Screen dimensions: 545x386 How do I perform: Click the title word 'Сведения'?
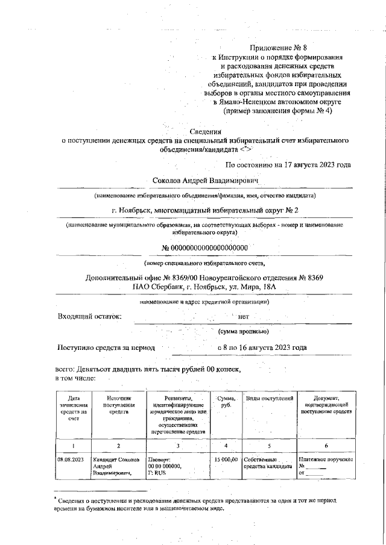click(x=206, y=132)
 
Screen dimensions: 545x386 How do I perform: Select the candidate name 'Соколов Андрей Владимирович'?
click(x=206, y=180)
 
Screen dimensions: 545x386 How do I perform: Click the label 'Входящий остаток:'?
click(x=89, y=316)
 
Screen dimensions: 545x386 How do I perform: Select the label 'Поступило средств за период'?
click(x=106, y=347)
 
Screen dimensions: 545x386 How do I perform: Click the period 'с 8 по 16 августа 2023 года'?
click(x=262, y=347)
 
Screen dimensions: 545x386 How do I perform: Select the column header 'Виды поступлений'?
click(x=270, y=399)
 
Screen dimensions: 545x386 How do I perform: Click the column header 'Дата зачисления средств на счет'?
click(x=74, y=408)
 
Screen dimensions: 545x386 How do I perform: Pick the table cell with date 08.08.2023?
click(x=71, y=459)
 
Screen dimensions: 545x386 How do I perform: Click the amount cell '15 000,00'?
click(x=226, y=459)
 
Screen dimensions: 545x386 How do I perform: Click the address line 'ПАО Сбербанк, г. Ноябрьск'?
click(x=205, y=287)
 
